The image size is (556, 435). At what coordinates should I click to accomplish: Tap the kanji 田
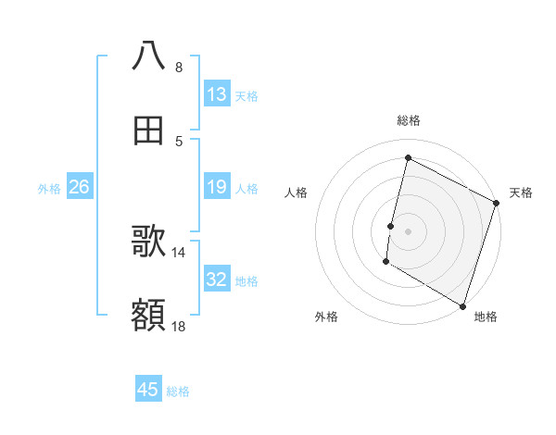tap(148, 130)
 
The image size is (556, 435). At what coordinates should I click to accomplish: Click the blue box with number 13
tap(217, 94)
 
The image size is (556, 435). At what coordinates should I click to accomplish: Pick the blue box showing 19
tap(217, 188)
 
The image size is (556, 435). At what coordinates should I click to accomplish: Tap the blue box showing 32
tap(217, 280)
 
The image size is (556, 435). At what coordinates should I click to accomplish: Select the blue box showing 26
tap(79, 188)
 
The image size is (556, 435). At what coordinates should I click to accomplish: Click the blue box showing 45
tap(148, 390)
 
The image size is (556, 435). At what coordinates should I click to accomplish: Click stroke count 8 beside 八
tap(179, 68)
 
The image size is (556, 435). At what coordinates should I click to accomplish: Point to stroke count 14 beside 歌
tap(179, 252)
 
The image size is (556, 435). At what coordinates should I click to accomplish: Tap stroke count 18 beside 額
tap(179, 326)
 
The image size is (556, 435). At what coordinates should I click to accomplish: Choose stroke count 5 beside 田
tap(179, 141)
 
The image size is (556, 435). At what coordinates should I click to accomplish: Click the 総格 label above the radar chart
tap(408, 120)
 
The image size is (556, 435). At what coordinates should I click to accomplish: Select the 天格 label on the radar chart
tap(521, 193)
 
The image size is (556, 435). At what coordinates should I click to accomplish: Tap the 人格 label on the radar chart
tap(297, 193)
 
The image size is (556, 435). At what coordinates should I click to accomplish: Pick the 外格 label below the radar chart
tap(326, 317)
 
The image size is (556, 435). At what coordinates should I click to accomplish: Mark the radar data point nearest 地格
tap(462, 305)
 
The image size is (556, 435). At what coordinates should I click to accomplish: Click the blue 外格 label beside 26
tap(49, 188)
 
